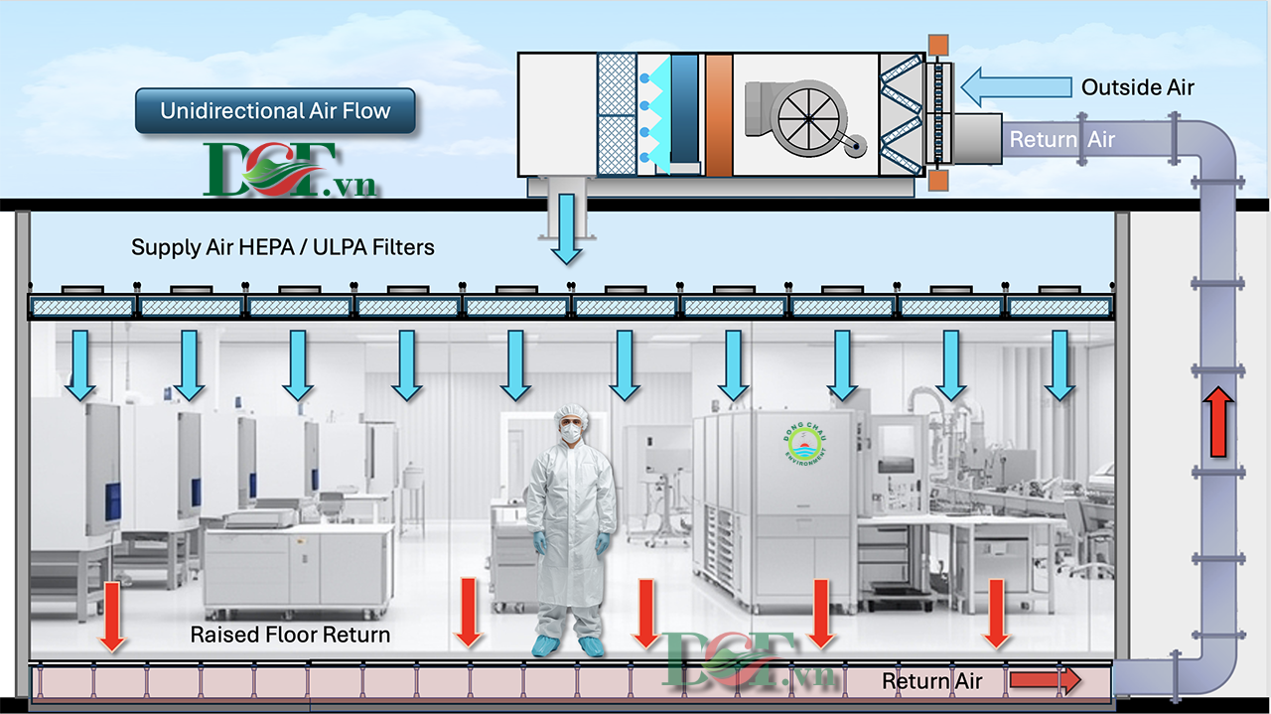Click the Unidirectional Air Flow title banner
click(x=275, y=110)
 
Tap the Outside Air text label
click(x=1138, y=87)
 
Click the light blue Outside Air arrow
click(x=1016, y=87)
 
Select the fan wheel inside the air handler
click(x=808, y=118)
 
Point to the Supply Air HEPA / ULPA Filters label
click(x=283, y=247)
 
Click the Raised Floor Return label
click(x=290, y=635)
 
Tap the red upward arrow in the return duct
click(x=1217, y=422)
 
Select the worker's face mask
click(x=571, y=433)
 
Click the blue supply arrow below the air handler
click(x=566, y=228)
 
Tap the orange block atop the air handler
click(x=938, y=45)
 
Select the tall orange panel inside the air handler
click(x=719, y=114)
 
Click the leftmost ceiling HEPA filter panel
click(x=82, y=307)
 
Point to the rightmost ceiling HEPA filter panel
click(x=1059, y=307)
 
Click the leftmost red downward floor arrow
click(x=112, y=617)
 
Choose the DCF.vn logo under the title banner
click(x=289, y=170)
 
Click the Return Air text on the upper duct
click(x=1062, y=140)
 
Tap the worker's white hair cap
click(x=571, y=414)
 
